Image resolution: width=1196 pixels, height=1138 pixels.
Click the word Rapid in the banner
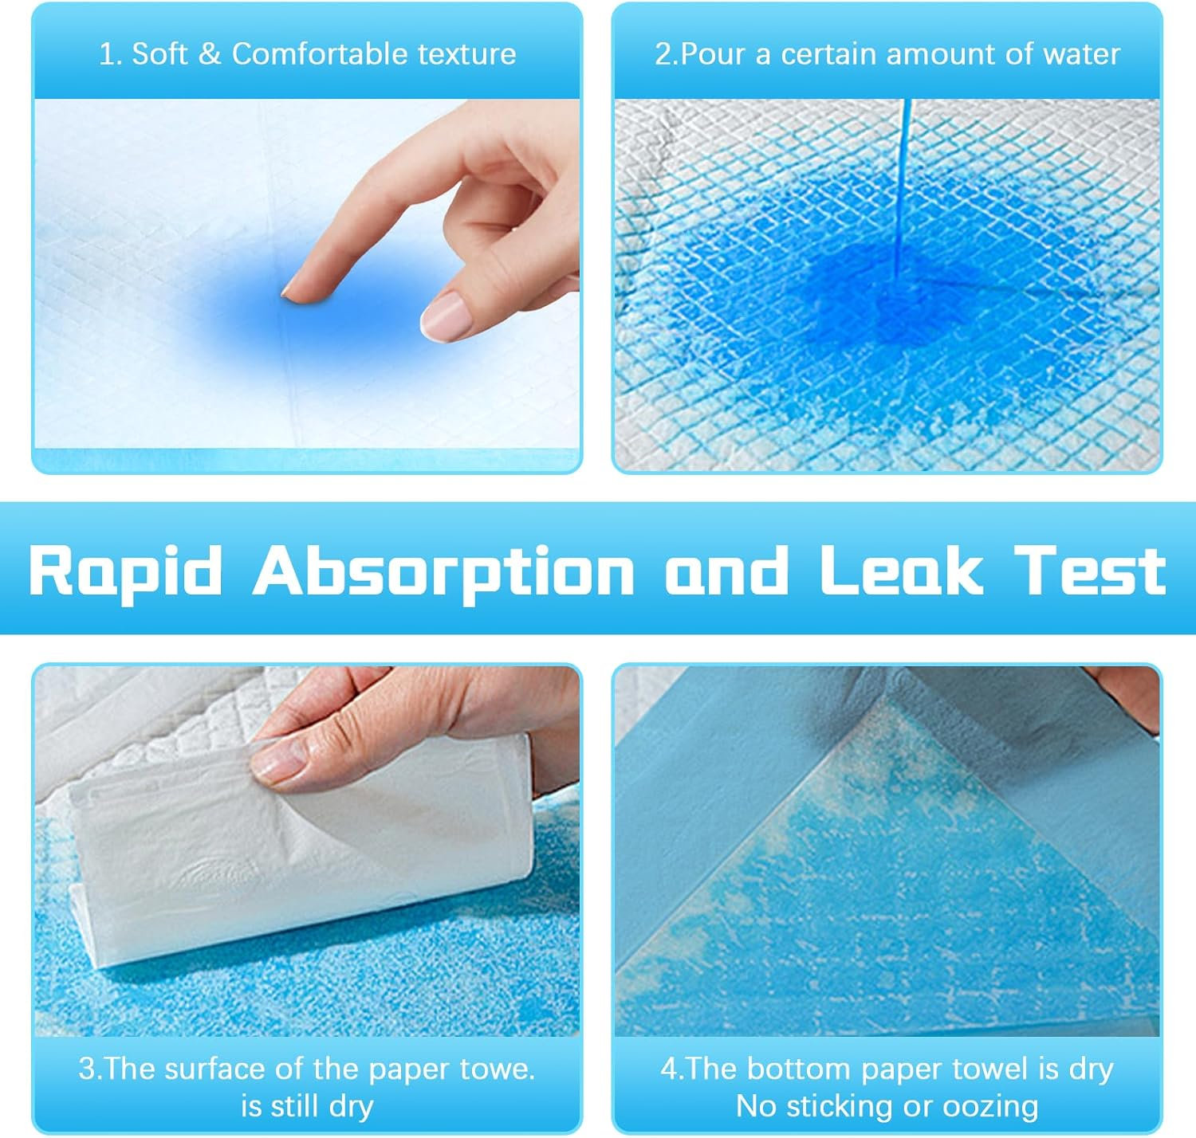(125, 571)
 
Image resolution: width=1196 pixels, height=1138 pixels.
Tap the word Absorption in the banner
(443, 571)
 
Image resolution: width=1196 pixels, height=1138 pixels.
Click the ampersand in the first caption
(209, 54)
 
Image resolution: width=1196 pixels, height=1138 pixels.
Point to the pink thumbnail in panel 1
(443, 316)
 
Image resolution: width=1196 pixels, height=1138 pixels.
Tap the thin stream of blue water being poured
(903, 183)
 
